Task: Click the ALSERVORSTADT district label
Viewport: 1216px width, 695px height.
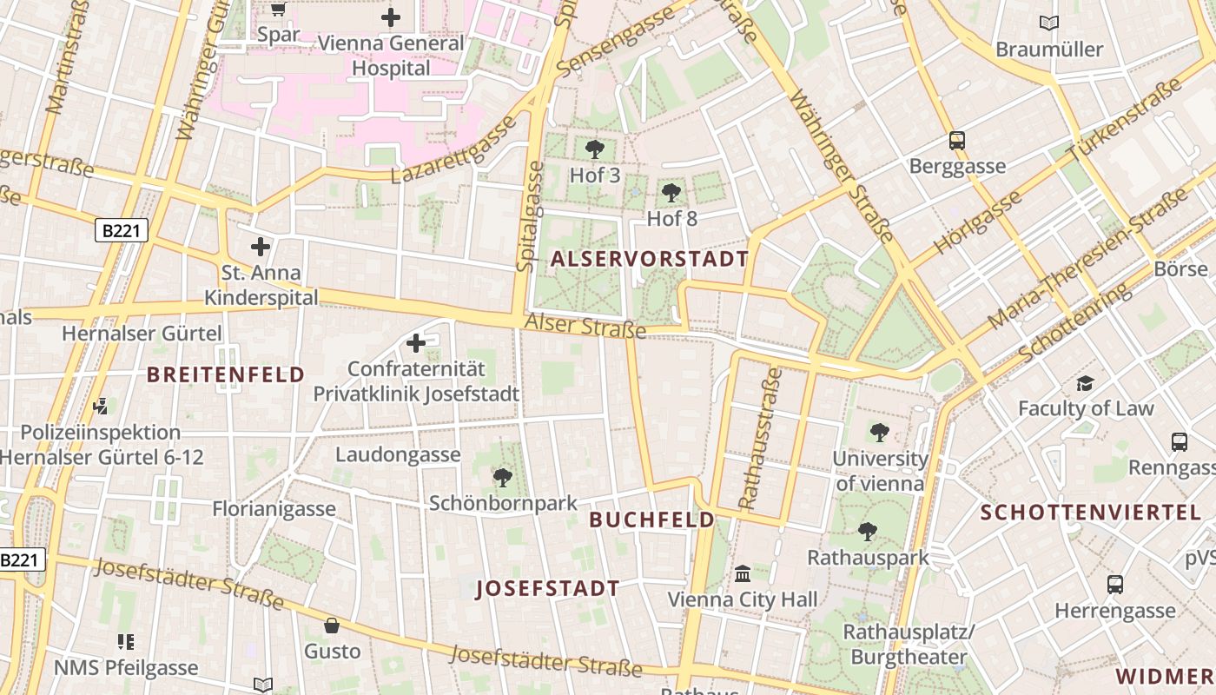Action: pyautogui.click(x=649, y=259)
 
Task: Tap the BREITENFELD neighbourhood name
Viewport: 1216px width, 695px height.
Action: pyautogui.click(x=225, y=374)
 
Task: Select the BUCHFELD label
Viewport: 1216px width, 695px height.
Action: pyautogui.click(x=651, y=520)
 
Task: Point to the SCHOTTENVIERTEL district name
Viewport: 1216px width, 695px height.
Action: pyautogui.click(x=1097, y=512)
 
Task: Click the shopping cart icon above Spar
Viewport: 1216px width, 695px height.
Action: pyautogui.click(x=278, y=10)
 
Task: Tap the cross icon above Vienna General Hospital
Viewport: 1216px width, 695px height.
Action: pyautogui.click(x=391, y=17)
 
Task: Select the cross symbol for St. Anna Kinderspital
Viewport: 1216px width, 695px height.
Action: pyautogui.click(x=261, y=247)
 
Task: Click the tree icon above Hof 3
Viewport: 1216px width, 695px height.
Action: pyautogui.click(x=595, y=149)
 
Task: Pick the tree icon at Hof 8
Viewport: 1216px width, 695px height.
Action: pyautogui.click(x=671, y=193)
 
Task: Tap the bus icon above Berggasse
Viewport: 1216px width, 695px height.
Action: pyautogui.click(x=957, y=140)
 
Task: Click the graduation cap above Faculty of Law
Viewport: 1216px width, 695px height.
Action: pyautogui.click(x=1085, y=383)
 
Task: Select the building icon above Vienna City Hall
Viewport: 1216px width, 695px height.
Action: pyautogui.click(x=743, y=573)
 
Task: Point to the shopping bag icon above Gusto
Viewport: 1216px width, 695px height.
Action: pyautogui.click(x=332, y=625)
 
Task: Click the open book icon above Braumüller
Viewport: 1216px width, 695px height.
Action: pyautogui.click(x=1049, y=23)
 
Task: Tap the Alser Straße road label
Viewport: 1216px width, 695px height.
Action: pyautogui.click(x=585, y=325)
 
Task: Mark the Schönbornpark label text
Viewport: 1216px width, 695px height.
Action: pyautogui.click(x=503, y=503)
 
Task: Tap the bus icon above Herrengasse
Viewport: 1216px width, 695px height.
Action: pyautogui.click(x=1115, y=585)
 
